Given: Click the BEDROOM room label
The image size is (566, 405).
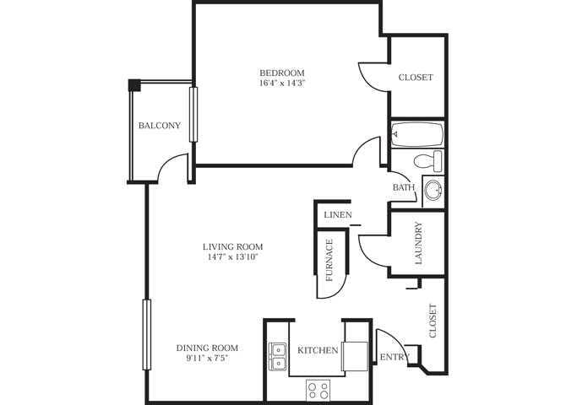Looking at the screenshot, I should point(282,73).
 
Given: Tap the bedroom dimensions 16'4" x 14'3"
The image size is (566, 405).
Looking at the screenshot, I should point(282,84).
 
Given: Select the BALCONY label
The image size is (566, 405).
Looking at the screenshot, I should point(160,126).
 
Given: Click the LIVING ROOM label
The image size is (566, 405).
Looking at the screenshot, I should point(229,246).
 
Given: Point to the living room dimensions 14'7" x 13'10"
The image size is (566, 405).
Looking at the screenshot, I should point(229,257).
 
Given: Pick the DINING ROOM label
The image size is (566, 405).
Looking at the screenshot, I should point(207,348).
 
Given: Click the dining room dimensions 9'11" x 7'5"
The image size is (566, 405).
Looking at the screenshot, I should point(207,359).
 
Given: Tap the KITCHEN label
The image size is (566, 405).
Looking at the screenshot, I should point(317,350).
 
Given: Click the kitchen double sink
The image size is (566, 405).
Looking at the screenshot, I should point(278,356).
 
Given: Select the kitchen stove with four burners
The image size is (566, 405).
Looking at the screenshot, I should point(318,389).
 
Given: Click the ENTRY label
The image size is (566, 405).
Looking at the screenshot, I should point(394,358).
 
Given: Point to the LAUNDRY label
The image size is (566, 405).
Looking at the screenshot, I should point(417,245).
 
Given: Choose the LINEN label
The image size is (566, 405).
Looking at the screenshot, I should point(338,215).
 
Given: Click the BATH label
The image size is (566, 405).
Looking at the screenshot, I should point(403,187).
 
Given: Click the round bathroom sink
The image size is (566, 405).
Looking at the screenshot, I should point(434,190).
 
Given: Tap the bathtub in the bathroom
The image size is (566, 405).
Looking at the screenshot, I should point(417,134).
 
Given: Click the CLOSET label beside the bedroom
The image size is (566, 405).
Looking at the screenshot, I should point(416,78).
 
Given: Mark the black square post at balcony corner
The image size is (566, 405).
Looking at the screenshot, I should point(133,84).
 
